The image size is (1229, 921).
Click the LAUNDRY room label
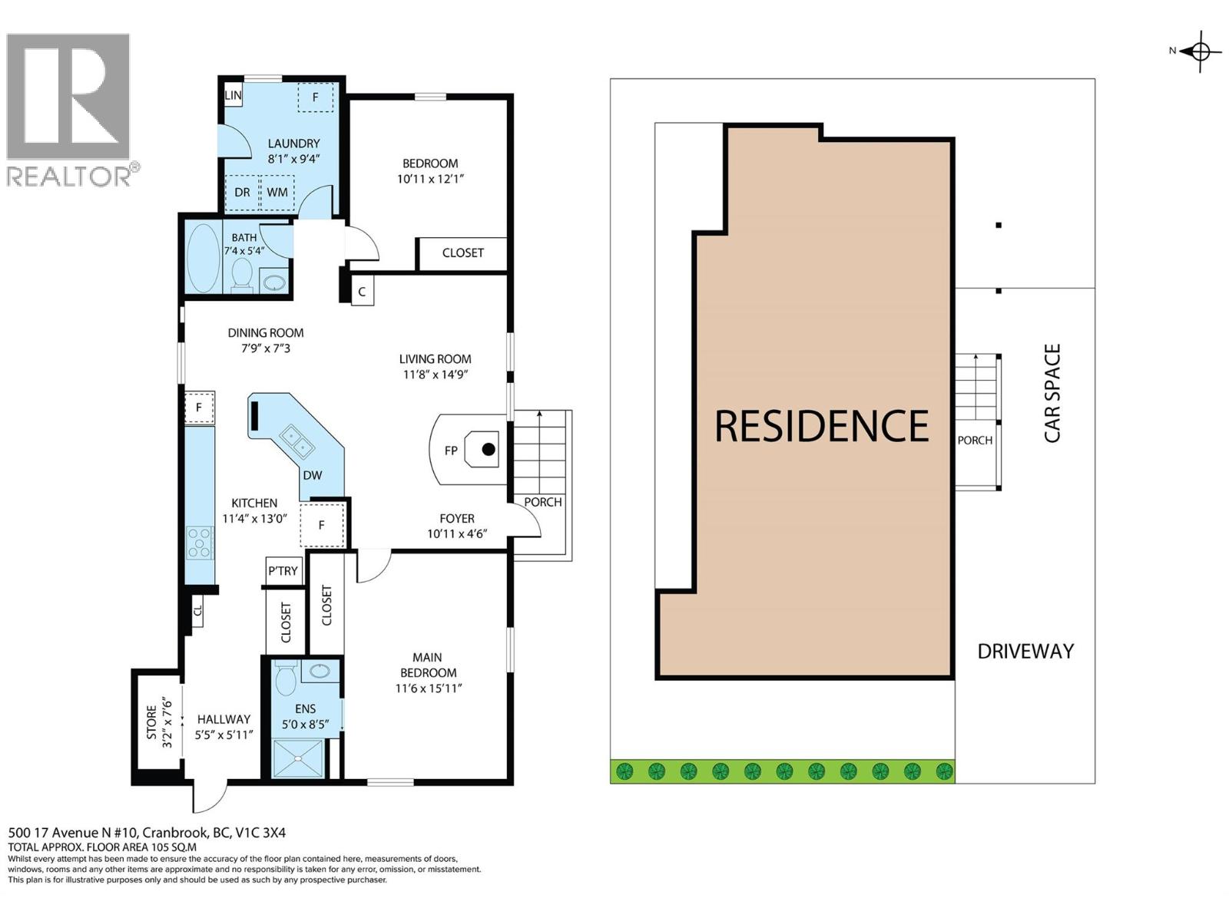tap(293, 144)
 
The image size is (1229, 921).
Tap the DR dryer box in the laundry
tap(242, 192)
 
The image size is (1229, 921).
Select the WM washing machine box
tap(277, 192)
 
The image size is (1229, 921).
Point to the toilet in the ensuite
tap(286, 678)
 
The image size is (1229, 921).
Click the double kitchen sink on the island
tap(295, 439)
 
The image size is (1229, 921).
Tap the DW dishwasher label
tap(313, 475)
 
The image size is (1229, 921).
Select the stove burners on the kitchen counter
tap(200, 542)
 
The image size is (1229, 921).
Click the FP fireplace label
tap(451, 451)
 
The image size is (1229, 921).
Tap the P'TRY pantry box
tap(283, 570)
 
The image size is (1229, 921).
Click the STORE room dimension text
tap(167, 721)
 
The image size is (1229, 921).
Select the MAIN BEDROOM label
tap(427, 665)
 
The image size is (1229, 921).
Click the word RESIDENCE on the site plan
tap(821, 427)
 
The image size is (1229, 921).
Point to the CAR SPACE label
tap(1052, 393)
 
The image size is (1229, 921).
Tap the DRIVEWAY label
tap(1025, 652)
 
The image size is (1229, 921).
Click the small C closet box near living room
tap(362, 292)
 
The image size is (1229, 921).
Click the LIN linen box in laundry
tap(233, 96)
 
